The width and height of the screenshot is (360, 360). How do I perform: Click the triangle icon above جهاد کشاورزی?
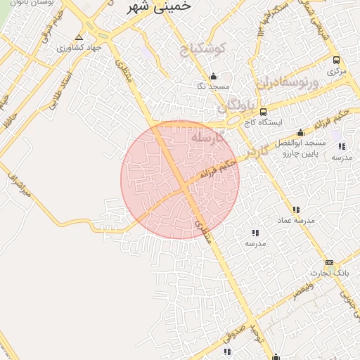(79, 37)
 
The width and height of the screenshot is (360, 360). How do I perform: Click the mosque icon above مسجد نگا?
(213, 77)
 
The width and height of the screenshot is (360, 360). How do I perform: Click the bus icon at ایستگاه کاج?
(263, 112)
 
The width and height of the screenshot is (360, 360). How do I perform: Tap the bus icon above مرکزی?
(337, 60)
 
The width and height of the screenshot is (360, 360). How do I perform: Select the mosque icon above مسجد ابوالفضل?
(300, 133)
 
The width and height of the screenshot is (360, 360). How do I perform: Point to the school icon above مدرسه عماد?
(296, 210)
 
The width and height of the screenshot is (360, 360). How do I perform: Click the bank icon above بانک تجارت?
(329, 262)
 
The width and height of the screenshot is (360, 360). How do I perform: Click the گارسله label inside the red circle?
(208, 138)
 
